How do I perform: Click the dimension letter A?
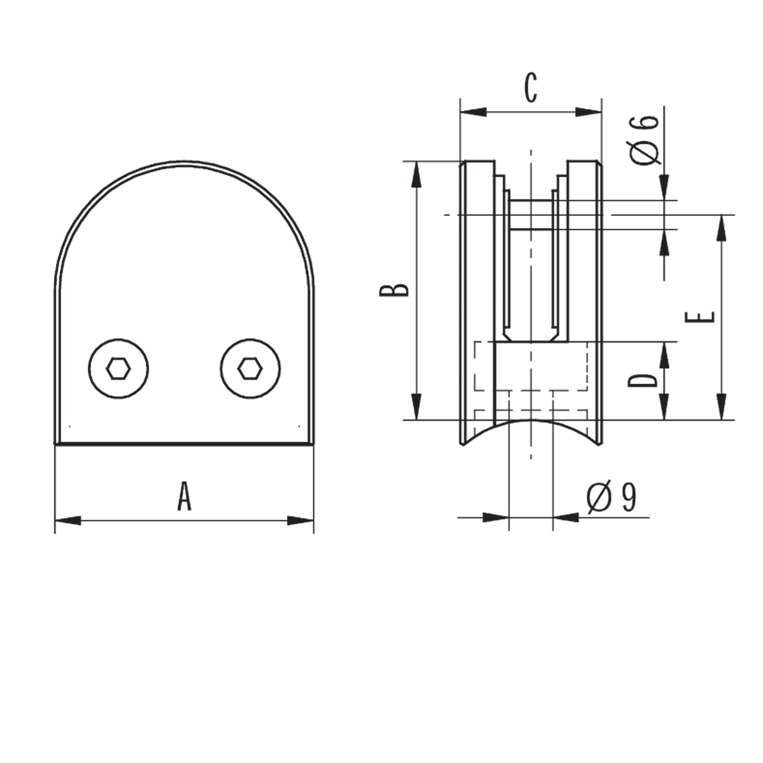point(184,495)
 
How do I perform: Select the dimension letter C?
point(531,88)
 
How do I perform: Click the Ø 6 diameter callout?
point(645,140)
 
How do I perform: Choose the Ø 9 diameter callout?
point(611,497)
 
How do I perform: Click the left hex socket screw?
point(118,369)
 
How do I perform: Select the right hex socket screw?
point(250,369)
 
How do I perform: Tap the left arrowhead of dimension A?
point(68,521)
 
